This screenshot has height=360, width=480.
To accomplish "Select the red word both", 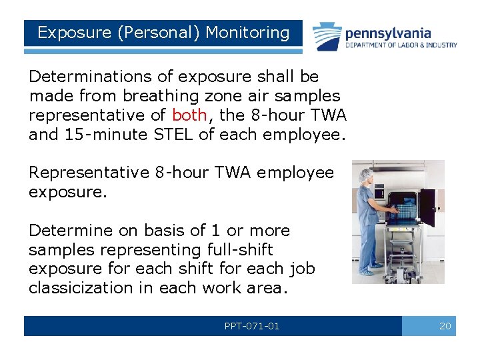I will (x=189, y=115).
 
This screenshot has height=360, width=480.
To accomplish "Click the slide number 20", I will (x=445, y=326).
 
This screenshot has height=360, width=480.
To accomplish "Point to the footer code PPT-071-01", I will (x=252, y=326).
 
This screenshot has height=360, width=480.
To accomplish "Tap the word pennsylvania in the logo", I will (x=388, y=33).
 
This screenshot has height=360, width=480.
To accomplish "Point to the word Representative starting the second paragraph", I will (x=89, y=173).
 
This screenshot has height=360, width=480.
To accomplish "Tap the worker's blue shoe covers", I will (x=367, y=271).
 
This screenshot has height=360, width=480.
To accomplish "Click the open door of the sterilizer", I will (x=427, y=207).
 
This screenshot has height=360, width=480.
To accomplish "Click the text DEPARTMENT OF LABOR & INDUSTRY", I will (x=401, y=45).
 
